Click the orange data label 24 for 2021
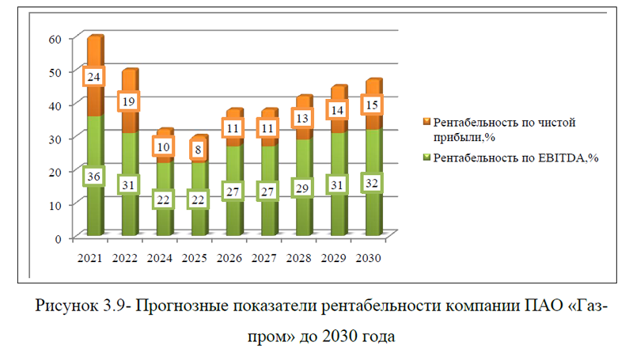point(95,77)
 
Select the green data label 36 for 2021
point(95,177)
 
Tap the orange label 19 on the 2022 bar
point(129,101)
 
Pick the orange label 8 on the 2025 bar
point(198,148)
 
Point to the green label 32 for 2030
point(373,183)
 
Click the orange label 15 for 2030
point(373,104)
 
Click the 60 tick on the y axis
point(55,39)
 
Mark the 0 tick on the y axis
point(58,237)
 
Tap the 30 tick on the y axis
point(55,138)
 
